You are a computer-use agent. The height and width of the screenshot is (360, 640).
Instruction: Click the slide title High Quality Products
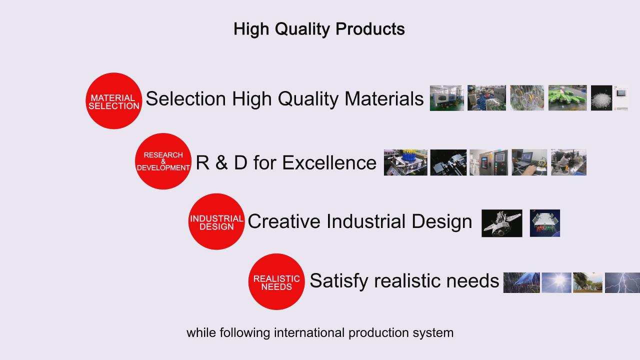pos(319,29)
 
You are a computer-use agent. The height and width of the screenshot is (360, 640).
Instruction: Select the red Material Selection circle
pos(113,101)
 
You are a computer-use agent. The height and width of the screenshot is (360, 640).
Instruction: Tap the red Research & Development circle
pos(163,161)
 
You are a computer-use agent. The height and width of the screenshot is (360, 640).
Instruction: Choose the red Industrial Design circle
pos(216,221)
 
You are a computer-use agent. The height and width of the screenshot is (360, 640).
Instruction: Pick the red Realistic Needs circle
pos(276,281)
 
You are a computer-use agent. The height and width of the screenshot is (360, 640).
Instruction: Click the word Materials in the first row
pos(384,99)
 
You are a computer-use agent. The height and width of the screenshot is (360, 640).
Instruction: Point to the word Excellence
pos(329,162)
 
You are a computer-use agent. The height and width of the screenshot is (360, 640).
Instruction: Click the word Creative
pos(284,221)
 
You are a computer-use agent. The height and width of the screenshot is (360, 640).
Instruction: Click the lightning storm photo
pos(622,282)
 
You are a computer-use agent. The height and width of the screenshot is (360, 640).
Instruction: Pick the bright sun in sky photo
pos(556,282)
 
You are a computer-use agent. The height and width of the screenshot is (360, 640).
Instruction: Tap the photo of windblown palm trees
pos(587,282)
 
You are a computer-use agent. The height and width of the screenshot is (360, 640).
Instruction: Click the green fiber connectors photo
pos(567,97)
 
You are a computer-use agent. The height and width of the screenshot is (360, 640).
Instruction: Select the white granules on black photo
pos(601,97)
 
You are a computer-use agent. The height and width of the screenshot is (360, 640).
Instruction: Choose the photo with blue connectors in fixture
pos(405,162)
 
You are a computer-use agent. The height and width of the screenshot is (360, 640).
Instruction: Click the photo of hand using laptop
pos(529,162)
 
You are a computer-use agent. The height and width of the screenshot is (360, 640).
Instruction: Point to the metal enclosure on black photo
pos(502,223)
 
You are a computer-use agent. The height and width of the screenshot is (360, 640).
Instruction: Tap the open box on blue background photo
pos(545,223)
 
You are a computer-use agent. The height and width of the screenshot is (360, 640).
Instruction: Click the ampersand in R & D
pos(221,162)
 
